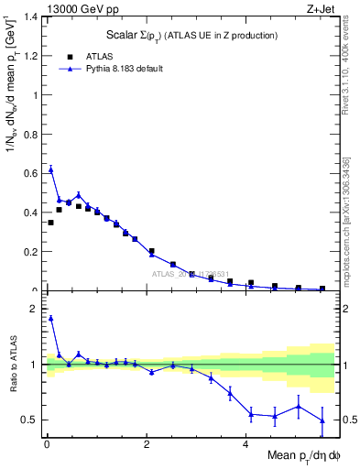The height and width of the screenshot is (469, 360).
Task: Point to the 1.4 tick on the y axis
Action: (x=33, y=16)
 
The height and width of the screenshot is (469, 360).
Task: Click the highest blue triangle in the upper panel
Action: (x=50, y=169)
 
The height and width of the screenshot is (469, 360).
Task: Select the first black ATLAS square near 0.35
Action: (x=50, y=223)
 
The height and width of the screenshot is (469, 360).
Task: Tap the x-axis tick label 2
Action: (x=147, y=444)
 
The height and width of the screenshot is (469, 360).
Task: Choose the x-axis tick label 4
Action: (x=245, y=444)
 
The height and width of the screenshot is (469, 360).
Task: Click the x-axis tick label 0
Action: (x=47, y=444)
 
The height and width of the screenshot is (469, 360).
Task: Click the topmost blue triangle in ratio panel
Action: (x=50, y=318)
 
